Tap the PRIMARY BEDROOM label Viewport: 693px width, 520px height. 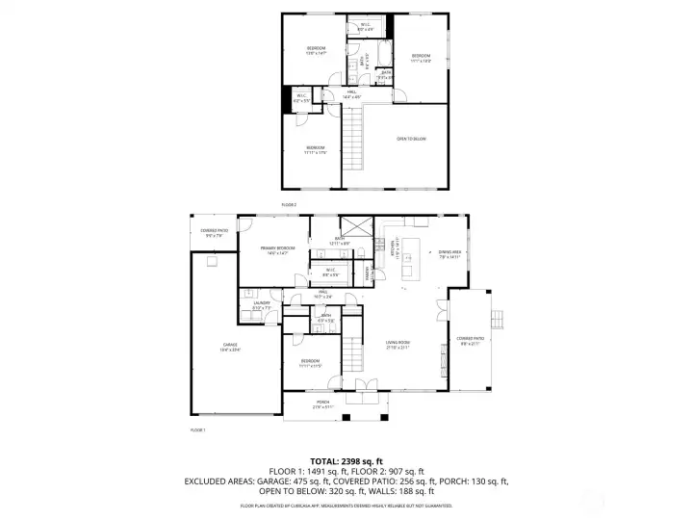(x=276, y=250)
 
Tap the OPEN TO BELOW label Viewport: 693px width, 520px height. (x=411, y=139)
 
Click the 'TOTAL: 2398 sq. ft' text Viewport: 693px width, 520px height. (x=346, y=461)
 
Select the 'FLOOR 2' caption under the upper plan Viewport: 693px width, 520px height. (x=289, y=205)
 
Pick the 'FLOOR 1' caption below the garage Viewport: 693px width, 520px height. (x=198, y=429)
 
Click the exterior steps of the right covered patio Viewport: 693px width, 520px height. (x=499, y=320)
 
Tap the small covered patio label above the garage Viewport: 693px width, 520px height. (x=213, y=232)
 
